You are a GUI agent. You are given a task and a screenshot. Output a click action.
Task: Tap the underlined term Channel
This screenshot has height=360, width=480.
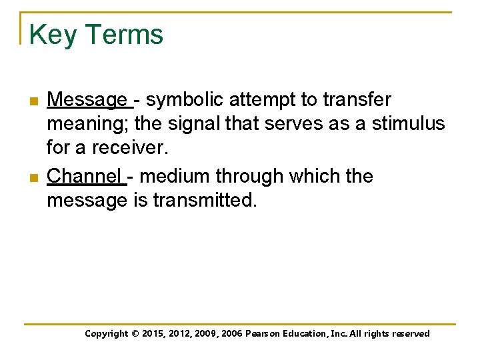(85, 177)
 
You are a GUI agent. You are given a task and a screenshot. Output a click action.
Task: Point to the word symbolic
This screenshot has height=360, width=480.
(184, 100)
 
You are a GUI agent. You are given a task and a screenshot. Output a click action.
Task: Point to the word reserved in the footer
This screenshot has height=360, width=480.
(409, 334)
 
